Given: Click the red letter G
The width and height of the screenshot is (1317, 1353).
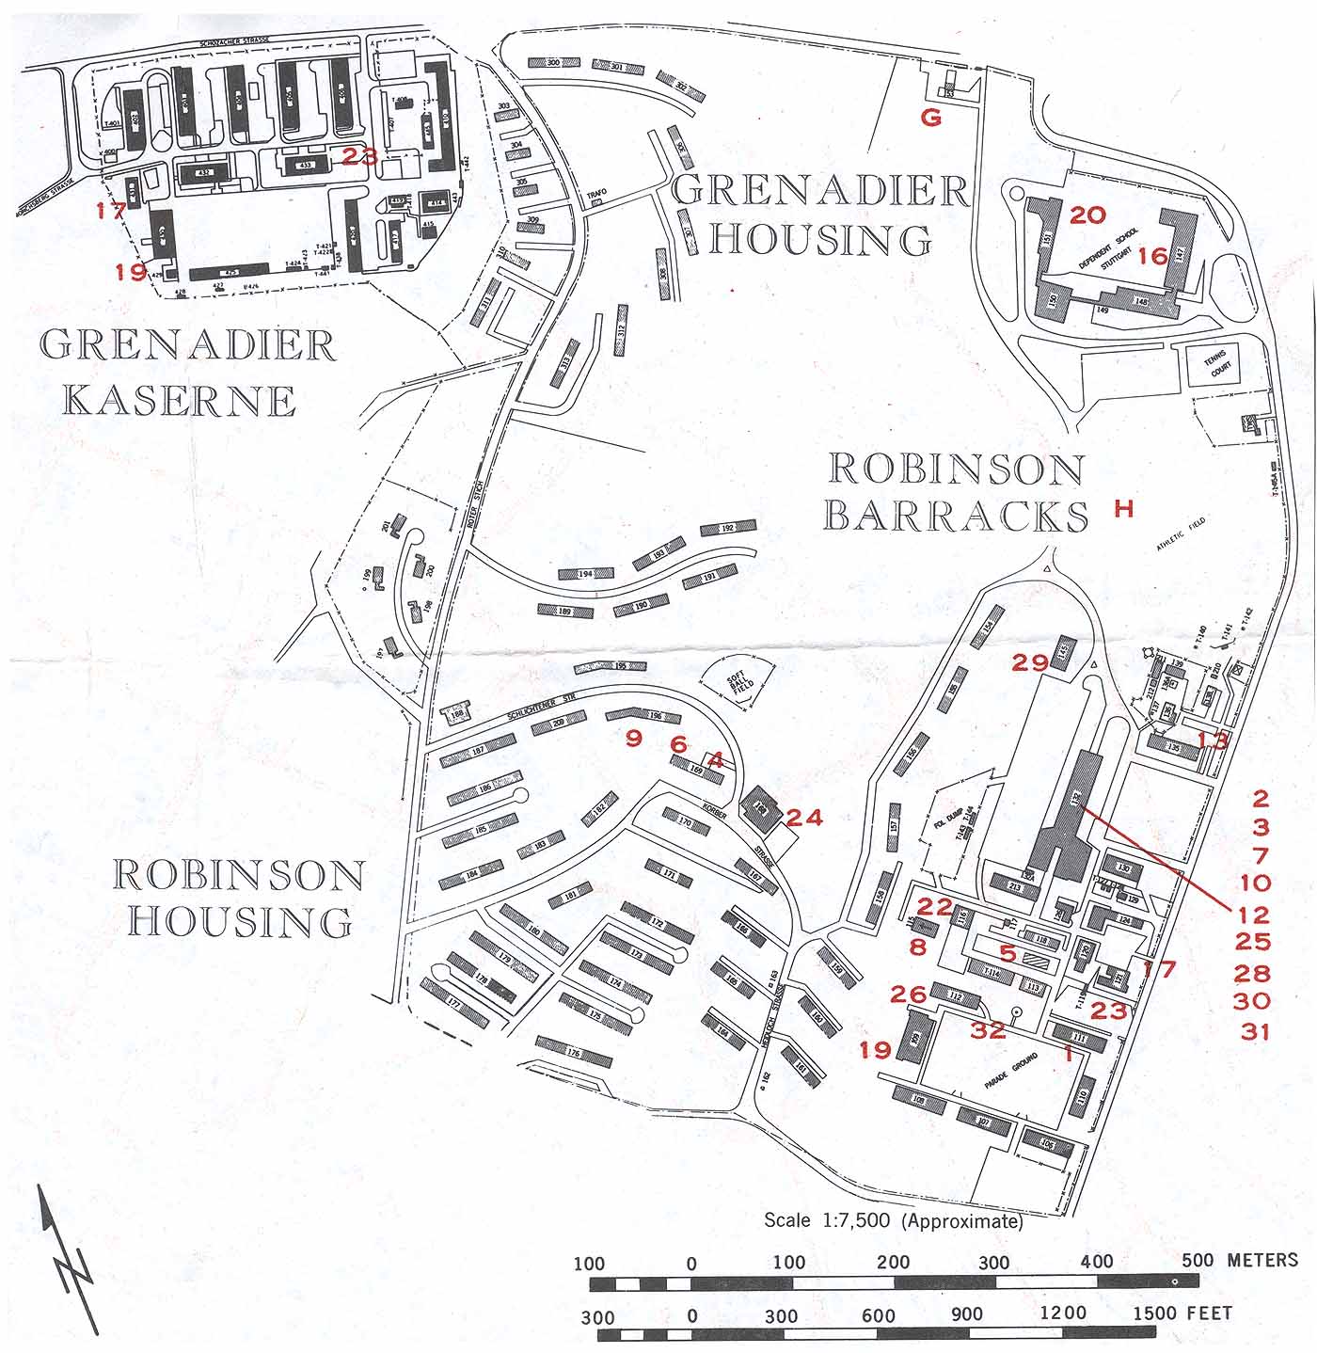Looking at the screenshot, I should point(930,118).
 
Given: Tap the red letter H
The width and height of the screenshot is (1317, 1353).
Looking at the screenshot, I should point(1124,509).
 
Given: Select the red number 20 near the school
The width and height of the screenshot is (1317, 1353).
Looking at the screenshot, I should point(1087,215).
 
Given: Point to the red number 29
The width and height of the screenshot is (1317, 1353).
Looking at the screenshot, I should point(1030,662).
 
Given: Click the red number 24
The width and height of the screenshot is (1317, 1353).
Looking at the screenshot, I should point(803,818).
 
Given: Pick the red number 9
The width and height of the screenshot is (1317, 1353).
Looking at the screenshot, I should point(634,738).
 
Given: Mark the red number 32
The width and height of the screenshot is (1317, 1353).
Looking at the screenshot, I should point(988,1029).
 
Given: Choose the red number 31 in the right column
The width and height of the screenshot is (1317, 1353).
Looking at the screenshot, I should point(1255,1031).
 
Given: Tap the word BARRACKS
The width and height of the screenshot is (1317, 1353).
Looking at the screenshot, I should point(956,516).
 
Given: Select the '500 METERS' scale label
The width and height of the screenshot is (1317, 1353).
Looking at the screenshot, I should point(1240,1260).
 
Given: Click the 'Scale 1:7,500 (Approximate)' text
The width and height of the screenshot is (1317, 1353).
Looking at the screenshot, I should point(893,1221).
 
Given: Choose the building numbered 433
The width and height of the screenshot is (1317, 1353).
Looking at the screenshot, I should point(305,165).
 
